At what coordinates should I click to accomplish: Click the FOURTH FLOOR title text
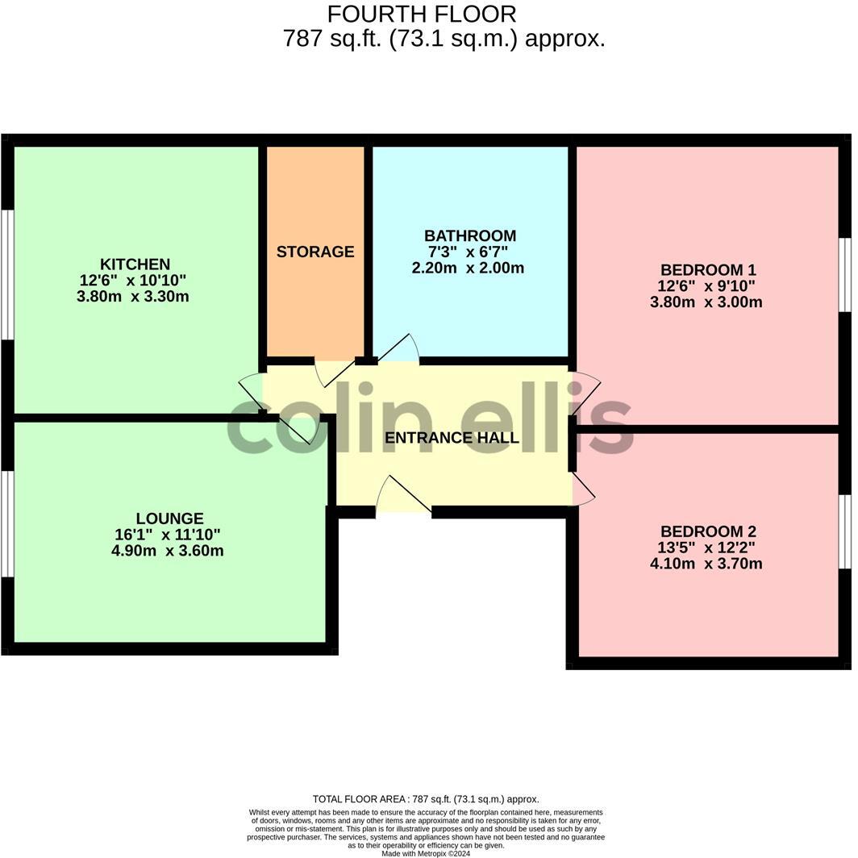click(421, 14)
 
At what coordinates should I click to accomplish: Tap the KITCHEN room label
click(135, 264)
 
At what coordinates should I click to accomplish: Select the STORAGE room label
click(315, 252)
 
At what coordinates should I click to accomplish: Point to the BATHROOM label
click(470, 235)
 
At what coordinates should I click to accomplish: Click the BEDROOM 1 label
click(708, 270)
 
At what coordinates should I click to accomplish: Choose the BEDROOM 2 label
click(708, 531)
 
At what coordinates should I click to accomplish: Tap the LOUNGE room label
click(169, 519)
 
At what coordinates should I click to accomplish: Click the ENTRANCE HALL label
click(452, 438)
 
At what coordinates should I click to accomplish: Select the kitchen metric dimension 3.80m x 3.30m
click(133, 297)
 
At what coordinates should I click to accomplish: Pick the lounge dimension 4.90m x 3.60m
click(168, 551)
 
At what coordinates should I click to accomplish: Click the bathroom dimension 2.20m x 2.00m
click(468, 268)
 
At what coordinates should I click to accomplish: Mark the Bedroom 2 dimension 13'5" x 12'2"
click(707, 548)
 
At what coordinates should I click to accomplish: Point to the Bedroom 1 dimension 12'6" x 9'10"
click(707, 286)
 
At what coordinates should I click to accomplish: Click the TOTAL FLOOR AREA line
click(426, 799)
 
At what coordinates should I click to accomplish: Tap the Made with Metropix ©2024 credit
click(426, 853)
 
